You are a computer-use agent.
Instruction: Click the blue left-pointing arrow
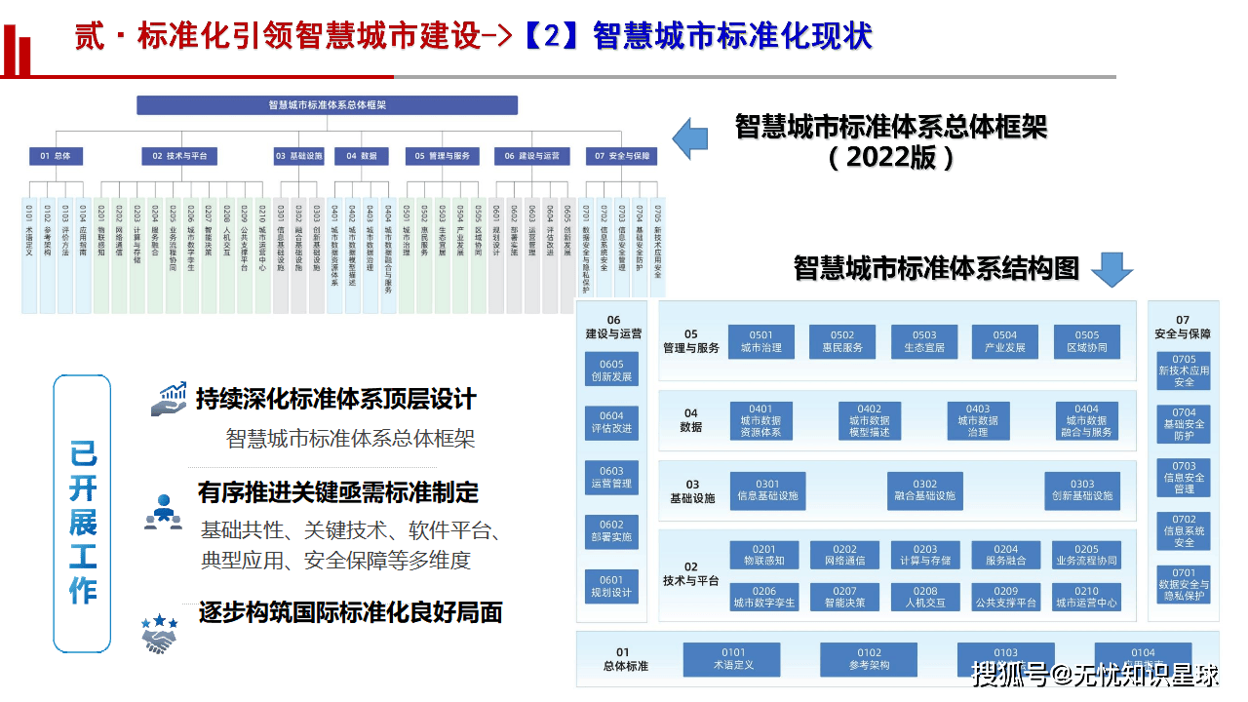[x=690, y=138]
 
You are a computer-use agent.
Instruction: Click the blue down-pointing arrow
[x=1111, y=269]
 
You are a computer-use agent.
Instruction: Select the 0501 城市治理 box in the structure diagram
[x=761, y=341]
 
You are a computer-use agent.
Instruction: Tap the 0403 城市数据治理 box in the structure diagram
[x=978, y=421]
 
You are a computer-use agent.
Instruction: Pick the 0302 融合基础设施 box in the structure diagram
[x=924, y=489]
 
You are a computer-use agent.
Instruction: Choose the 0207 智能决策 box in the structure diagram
[x=844, y=597]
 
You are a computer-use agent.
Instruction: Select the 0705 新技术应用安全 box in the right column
[x=1184, y=370]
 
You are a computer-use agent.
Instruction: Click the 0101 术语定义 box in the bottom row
[x=733, y=659]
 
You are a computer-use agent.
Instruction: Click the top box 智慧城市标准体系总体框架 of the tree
[x=328, y=105]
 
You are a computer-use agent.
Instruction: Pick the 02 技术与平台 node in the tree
[x=180, y=156]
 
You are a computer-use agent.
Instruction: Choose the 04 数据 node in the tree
[x=362, y=156]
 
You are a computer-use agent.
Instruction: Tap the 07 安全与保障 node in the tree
[x=622, y=156]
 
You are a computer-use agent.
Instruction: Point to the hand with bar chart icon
[x=168, y=400]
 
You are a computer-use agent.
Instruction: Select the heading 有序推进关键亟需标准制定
[x=338, y=492]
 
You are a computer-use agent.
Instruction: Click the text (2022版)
[x=891, y=158]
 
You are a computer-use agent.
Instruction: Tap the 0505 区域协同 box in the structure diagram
[x=1086, y=341]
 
